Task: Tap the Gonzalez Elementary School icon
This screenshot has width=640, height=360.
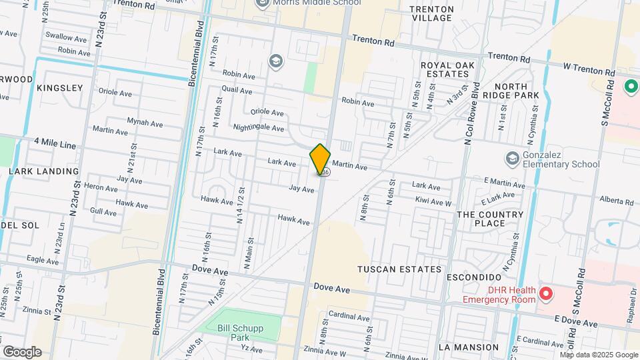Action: (512, 158)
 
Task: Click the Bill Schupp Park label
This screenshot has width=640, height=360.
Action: (243, 333)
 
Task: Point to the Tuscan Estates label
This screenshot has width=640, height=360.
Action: (399, 269)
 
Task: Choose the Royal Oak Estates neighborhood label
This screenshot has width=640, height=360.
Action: (446, 69)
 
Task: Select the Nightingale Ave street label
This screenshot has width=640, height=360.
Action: (259, 127)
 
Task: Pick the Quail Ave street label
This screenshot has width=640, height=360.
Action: (237, 90)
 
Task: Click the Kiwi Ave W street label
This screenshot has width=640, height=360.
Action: (433, 201)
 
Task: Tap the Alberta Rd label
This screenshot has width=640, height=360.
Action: (616, 201)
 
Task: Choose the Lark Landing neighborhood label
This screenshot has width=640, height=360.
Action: (44, 171)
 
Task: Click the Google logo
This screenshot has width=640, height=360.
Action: (22, 352)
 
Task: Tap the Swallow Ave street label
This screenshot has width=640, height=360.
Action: (67, 37)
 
